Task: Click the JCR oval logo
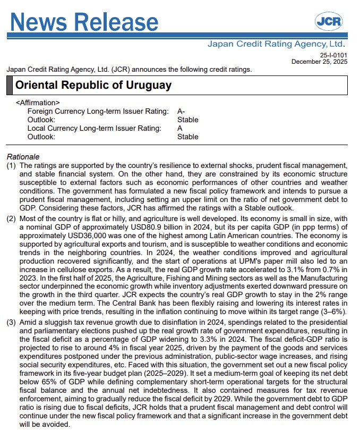(329, 21)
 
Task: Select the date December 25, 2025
(320, 62)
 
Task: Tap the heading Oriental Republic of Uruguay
(93, 85)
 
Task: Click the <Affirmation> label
(38, 103)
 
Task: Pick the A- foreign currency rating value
(181, 111)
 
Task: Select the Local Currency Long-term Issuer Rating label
(94, 128)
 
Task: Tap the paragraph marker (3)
(11, 323)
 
